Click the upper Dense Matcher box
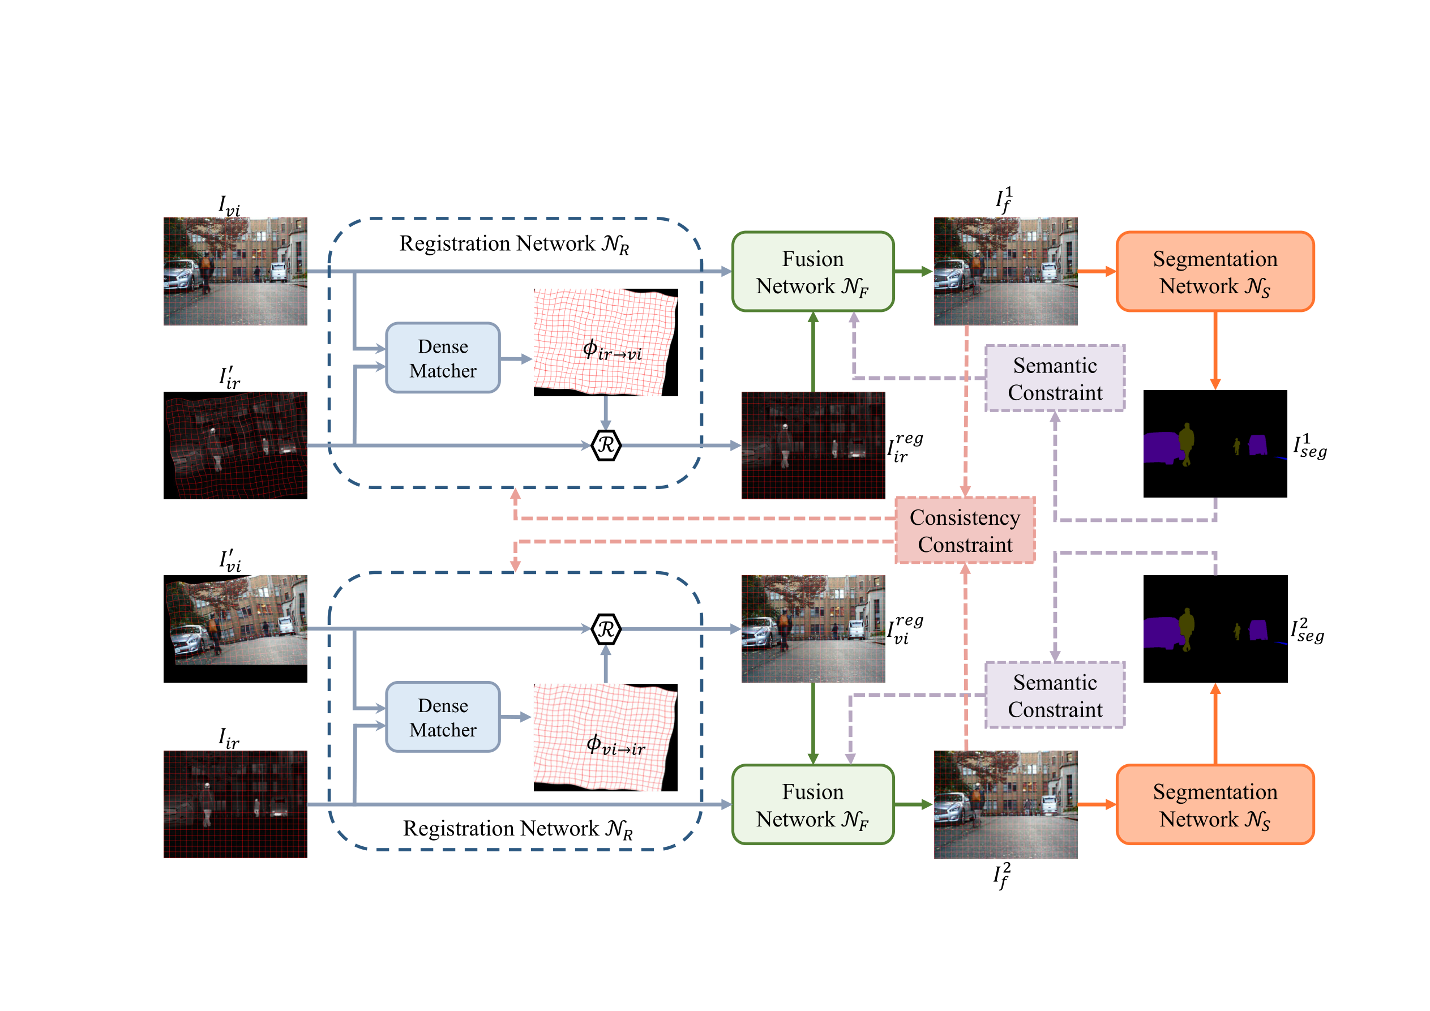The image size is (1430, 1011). (442, 358)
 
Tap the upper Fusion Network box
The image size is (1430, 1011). (812, 272)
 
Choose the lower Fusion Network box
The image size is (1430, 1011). (812, 804)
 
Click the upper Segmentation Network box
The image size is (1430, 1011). (1214, 272)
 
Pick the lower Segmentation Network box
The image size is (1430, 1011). (1214, 804)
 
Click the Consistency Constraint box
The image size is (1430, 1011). (965, 530)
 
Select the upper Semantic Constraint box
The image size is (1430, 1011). (1055, 378)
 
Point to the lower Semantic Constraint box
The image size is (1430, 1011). (1055, 695)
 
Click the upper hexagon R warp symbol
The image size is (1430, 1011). (605, 445)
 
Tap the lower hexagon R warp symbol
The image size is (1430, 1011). (605, 629)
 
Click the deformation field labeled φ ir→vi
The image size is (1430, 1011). (605, 342)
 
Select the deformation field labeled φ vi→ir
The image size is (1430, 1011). (605, 738)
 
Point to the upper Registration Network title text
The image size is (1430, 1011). (514, 243)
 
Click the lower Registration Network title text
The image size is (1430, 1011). (517, 829)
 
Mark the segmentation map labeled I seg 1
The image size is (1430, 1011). (1214, 444)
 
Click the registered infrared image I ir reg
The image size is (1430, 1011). (813, 445)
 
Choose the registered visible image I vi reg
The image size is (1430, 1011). (813, 628)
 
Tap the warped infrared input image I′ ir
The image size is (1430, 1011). (235, 445)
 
